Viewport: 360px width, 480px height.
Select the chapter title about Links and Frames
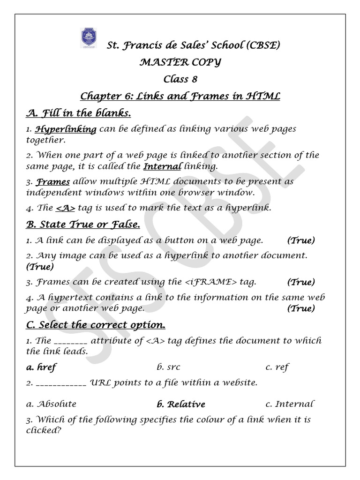tap(180, 96)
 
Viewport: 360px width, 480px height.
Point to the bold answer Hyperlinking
tap(66, 129)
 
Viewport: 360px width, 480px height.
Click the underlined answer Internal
tap(162, 166)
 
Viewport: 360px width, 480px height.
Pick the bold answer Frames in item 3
tap(53, 181)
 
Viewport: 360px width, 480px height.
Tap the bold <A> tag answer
tap(66, 208)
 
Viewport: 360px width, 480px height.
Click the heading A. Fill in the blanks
tap(78, 113)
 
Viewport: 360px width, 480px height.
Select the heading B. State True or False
tap(82, 225)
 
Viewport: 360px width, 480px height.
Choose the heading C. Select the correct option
tap(96, 325)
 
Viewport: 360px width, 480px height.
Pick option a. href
tap(41, 367)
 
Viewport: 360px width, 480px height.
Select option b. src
tap(168, 367)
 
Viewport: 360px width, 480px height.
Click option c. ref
tap(277, 367)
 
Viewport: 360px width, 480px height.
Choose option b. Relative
tap(181, 404)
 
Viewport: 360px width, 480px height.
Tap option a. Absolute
tap(51, 404)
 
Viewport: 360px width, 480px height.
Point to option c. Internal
tap(289, 404)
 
